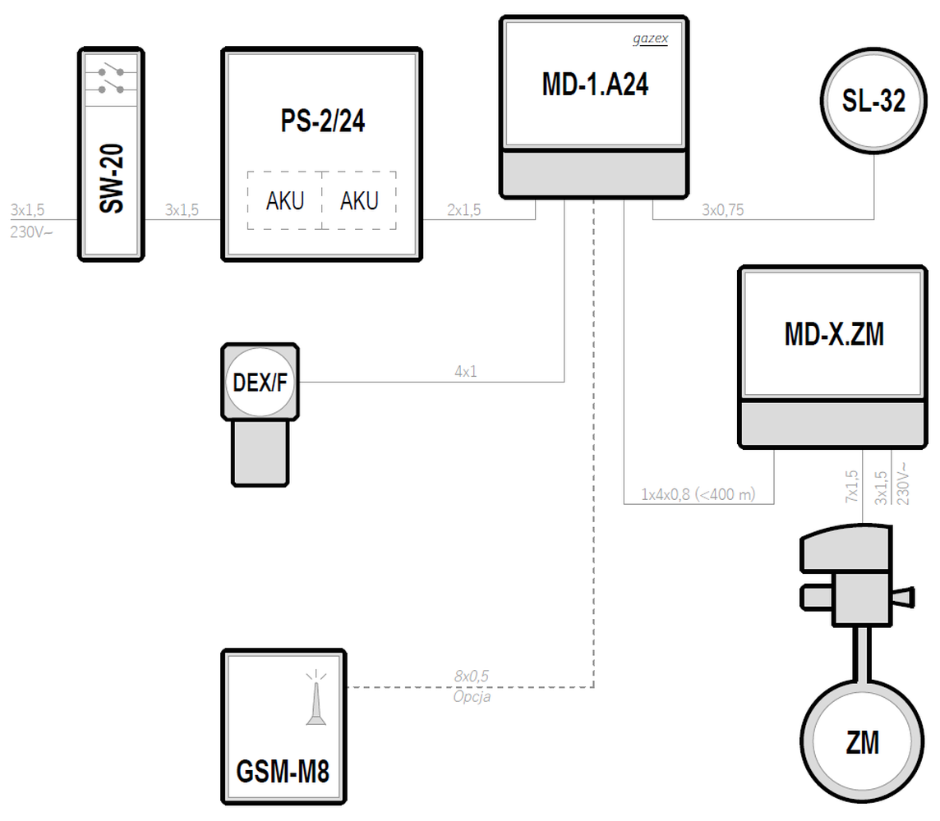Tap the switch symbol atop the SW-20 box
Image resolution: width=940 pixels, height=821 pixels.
pyautogui.click(x=111, y=77)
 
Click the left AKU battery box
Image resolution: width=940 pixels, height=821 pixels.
pyautogui.click(x=284, y=201)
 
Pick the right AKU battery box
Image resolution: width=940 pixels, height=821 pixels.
pyautogui.click(x=359, y=201)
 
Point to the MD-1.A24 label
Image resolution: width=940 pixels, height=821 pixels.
pyautogui.click(x=595, y=85)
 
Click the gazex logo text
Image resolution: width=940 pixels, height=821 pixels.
pyautogui.click(x=650, y=39)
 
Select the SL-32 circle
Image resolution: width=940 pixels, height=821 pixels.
pyautogui.click(x=873, y=101)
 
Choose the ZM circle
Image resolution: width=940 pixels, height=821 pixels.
pyautogui.click(x=862, y=743)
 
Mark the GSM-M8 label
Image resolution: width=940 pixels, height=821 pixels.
pyautogui.click(x=283, y=773)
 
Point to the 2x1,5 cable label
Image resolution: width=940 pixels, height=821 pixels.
pyautogui.click(x=463, y=210)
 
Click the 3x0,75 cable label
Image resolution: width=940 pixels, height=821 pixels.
pyautogui.click(x=722, y=210)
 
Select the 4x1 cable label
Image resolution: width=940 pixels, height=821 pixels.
pyautogui.click(x=465, y=372)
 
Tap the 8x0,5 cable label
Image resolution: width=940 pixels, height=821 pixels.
pyautogui.click(x=471, y=676)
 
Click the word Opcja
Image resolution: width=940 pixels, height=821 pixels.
pyautogui.click(x=471, y=696)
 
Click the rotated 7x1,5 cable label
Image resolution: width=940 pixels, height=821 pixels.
pyautogui.click(x=851, y=487)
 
